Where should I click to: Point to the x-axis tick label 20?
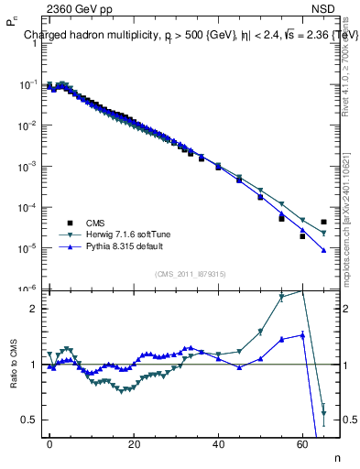pyautogui.click(x=134, y=442)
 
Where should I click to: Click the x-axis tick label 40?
pyautogui.click(x=218, y=442)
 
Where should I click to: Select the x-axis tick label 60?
pyautogui.click(x=302, y=442)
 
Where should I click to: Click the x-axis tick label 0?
pyautogui.click(x=49, y=442)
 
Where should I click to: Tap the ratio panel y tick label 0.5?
pyautogui.click(x=28, y=420)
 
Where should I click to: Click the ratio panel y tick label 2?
pyautogui.click(x=33, y=309)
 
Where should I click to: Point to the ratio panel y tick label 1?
pyautogui.click(x=33, y=365)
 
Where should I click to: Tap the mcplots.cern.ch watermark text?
pyautogui.click(x=348, y=211)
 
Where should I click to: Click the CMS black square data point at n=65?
pyautogui.click(x=324, y=222)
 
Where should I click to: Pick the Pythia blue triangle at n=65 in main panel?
pyautogui.click(x=324, y=250)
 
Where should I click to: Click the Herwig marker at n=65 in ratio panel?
pyautogui.click(x=324, y=412)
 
